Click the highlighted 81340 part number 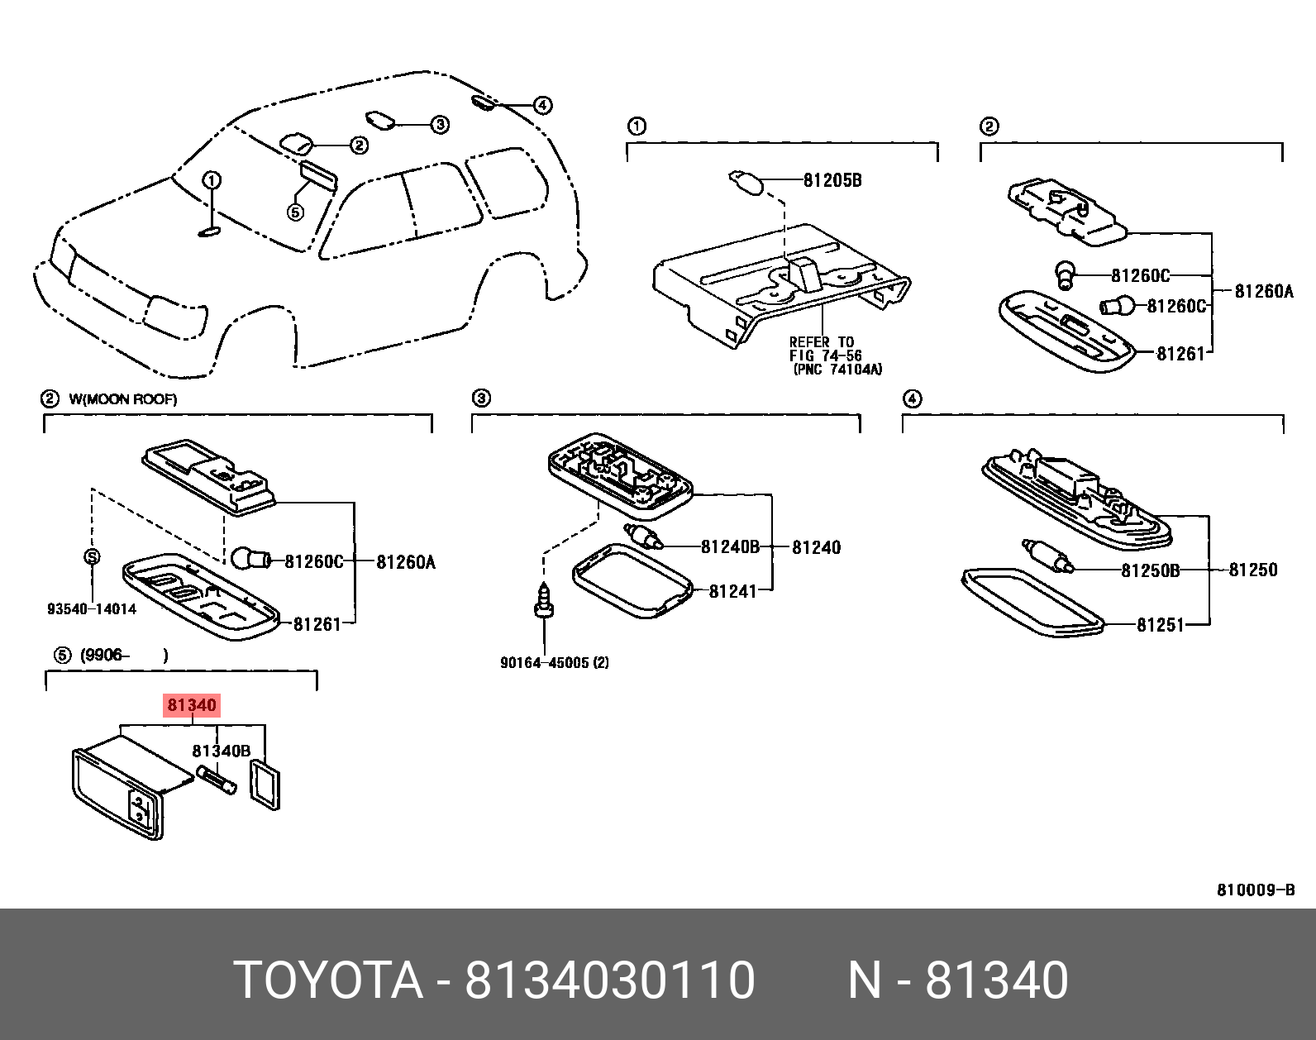click(x=192, y=705)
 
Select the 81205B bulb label click(x=832, y=180)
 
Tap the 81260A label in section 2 click(x=1263, y=291)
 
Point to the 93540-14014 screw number click(x=92, y=609)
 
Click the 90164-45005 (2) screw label click(x=554, y=662)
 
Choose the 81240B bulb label click(x=729, y=546)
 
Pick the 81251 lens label click(x=1161, y=625)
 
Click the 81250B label click(x=1150, y=570)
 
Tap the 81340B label click(x=221, y=751)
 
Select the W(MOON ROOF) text click(x=123, y=399)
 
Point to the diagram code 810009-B click(x=1255, y=890)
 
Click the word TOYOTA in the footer click(x=328, y=980)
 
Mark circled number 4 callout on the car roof click(x=542, y=105)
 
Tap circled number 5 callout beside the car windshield click(x=295, y=212)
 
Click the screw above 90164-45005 click(x=543, y=600)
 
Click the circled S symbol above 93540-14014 click(x=92, y=556)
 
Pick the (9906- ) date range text click(x=124, y=656)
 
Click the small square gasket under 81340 click(x=265, y=785)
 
